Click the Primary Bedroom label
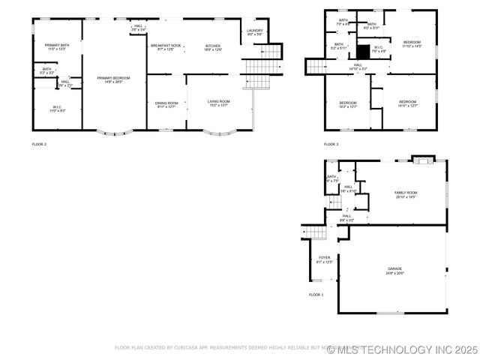coord(113,79)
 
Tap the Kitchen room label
coord(213,48)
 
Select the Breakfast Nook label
coord(166,48)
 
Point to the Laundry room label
coord(254,32)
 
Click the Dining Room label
coord(166,105)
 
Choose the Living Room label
coord(218,103)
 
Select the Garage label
coord(394,271)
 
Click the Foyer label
coord(323,259)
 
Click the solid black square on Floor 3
coord(364,52)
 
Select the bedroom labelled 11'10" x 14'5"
coord(412,43)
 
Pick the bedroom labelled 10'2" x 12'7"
coord(347,104)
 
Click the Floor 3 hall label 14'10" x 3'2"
coord(358,67)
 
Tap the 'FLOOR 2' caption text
coord(39,143)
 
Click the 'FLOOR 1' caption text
coord(316,295)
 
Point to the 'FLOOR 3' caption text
coord(331,143)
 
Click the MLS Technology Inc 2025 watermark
coord(407,349)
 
